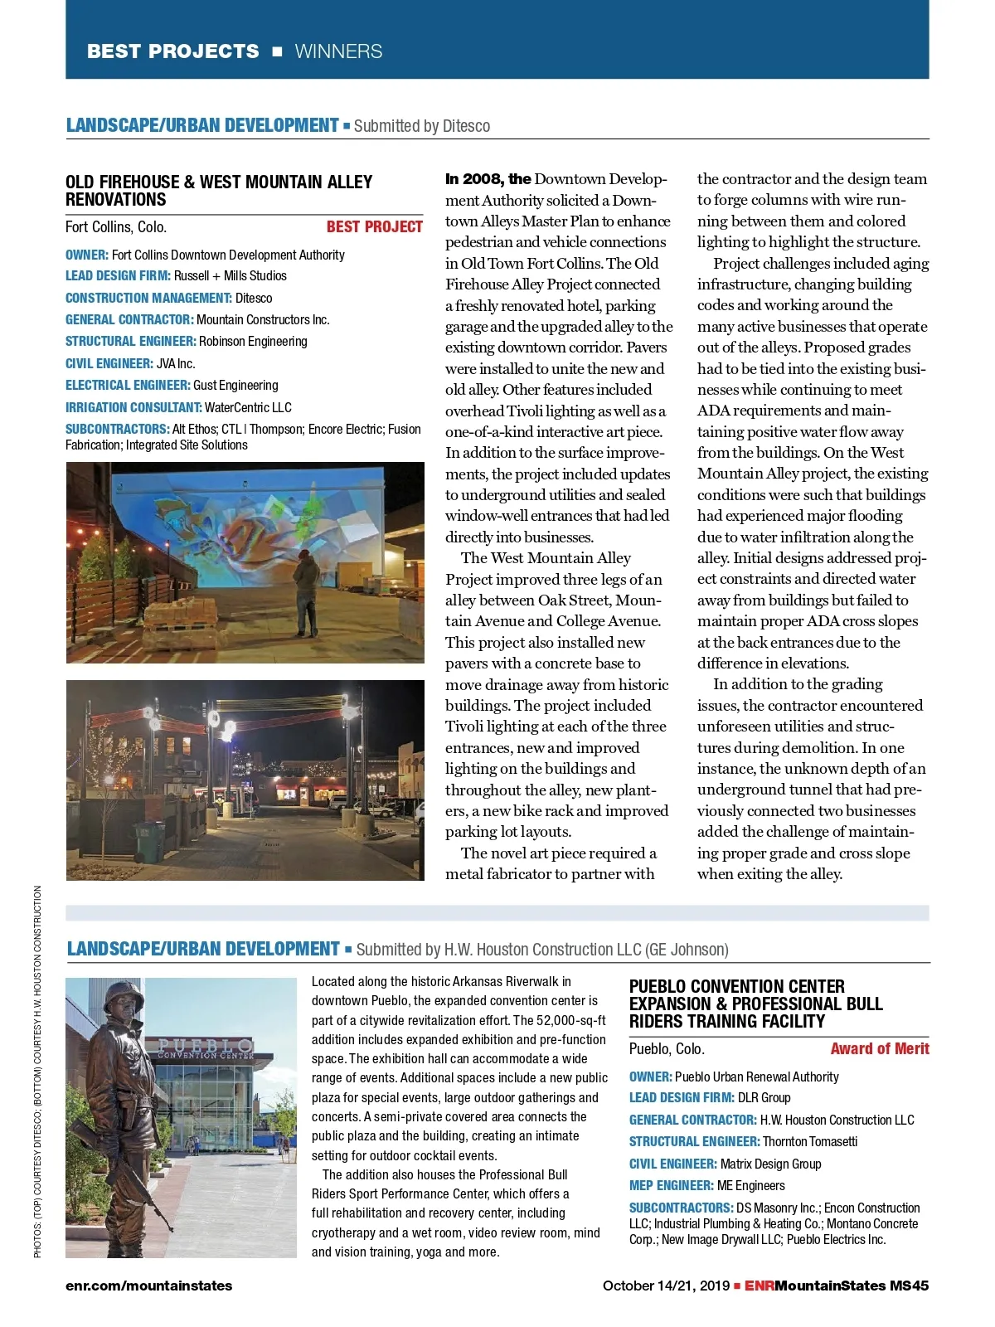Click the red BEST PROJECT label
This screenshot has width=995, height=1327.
coord(374,227)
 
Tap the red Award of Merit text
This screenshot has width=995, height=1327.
coord(879,1049)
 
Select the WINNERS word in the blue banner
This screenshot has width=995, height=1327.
coord(338,51)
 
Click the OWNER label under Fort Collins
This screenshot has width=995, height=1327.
coord(86,255)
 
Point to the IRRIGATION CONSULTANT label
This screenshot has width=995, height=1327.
coord(133,407)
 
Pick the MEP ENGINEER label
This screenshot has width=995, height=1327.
coord(671,1186)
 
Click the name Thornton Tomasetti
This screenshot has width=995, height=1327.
coord(810,1142)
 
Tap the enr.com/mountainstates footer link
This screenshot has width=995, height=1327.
coord(148,1286)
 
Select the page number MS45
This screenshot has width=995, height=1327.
coord(909,1286)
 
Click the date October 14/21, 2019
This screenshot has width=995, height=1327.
coord(666,1286)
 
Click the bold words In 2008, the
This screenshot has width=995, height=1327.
coord(488,179)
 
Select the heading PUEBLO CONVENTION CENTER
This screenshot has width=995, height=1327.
coord(736,987)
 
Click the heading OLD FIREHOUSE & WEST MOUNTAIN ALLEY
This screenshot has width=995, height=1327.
coord(219,182)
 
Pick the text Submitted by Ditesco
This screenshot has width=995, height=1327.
coord(421,126)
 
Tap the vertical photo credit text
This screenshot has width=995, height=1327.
coord(37,1070)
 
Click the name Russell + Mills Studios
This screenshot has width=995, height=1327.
coord(230,276)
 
